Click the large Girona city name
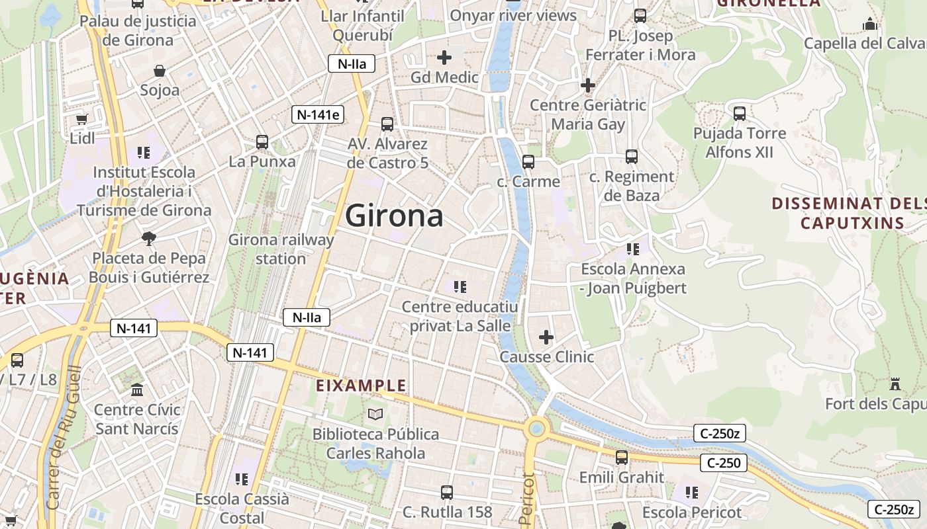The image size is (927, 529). [x=394, y=216]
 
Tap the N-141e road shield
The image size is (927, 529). [x=318, y=114]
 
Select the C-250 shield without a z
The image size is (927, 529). [x=724, y=463]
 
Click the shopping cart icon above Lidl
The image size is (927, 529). [x=81, y=119]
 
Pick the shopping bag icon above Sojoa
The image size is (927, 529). [x=160, y=71]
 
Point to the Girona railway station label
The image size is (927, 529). [x=281, y=249]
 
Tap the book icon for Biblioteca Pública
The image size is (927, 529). [x=375, y=415]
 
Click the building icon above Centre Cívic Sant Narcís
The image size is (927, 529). [x=137, y=390]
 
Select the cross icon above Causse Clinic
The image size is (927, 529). [x=546, y=338]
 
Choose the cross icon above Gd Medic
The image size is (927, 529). [x=444, y=58]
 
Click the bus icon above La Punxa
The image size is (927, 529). [x=262, y=142]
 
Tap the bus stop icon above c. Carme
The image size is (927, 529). [x=528, y=161]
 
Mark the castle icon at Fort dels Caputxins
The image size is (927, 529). [x=895, y=384]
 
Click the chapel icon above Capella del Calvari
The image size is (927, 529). [x=870, y=24]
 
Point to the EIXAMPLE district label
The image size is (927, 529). [x=362, y=386]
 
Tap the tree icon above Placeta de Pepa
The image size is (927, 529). [x=149, y=238]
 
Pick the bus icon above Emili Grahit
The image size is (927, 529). [x=621, y=457]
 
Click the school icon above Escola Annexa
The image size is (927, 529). [x=633, y=249]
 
